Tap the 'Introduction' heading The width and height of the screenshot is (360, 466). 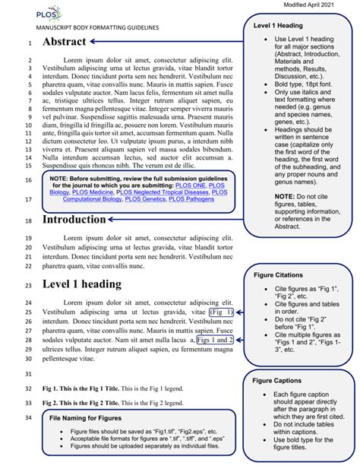[84, 219]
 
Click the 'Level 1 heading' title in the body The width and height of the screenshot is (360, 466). [81, 284]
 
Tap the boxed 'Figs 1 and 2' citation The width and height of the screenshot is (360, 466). [215, 341]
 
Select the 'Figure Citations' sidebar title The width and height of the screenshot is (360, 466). [279, 274]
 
